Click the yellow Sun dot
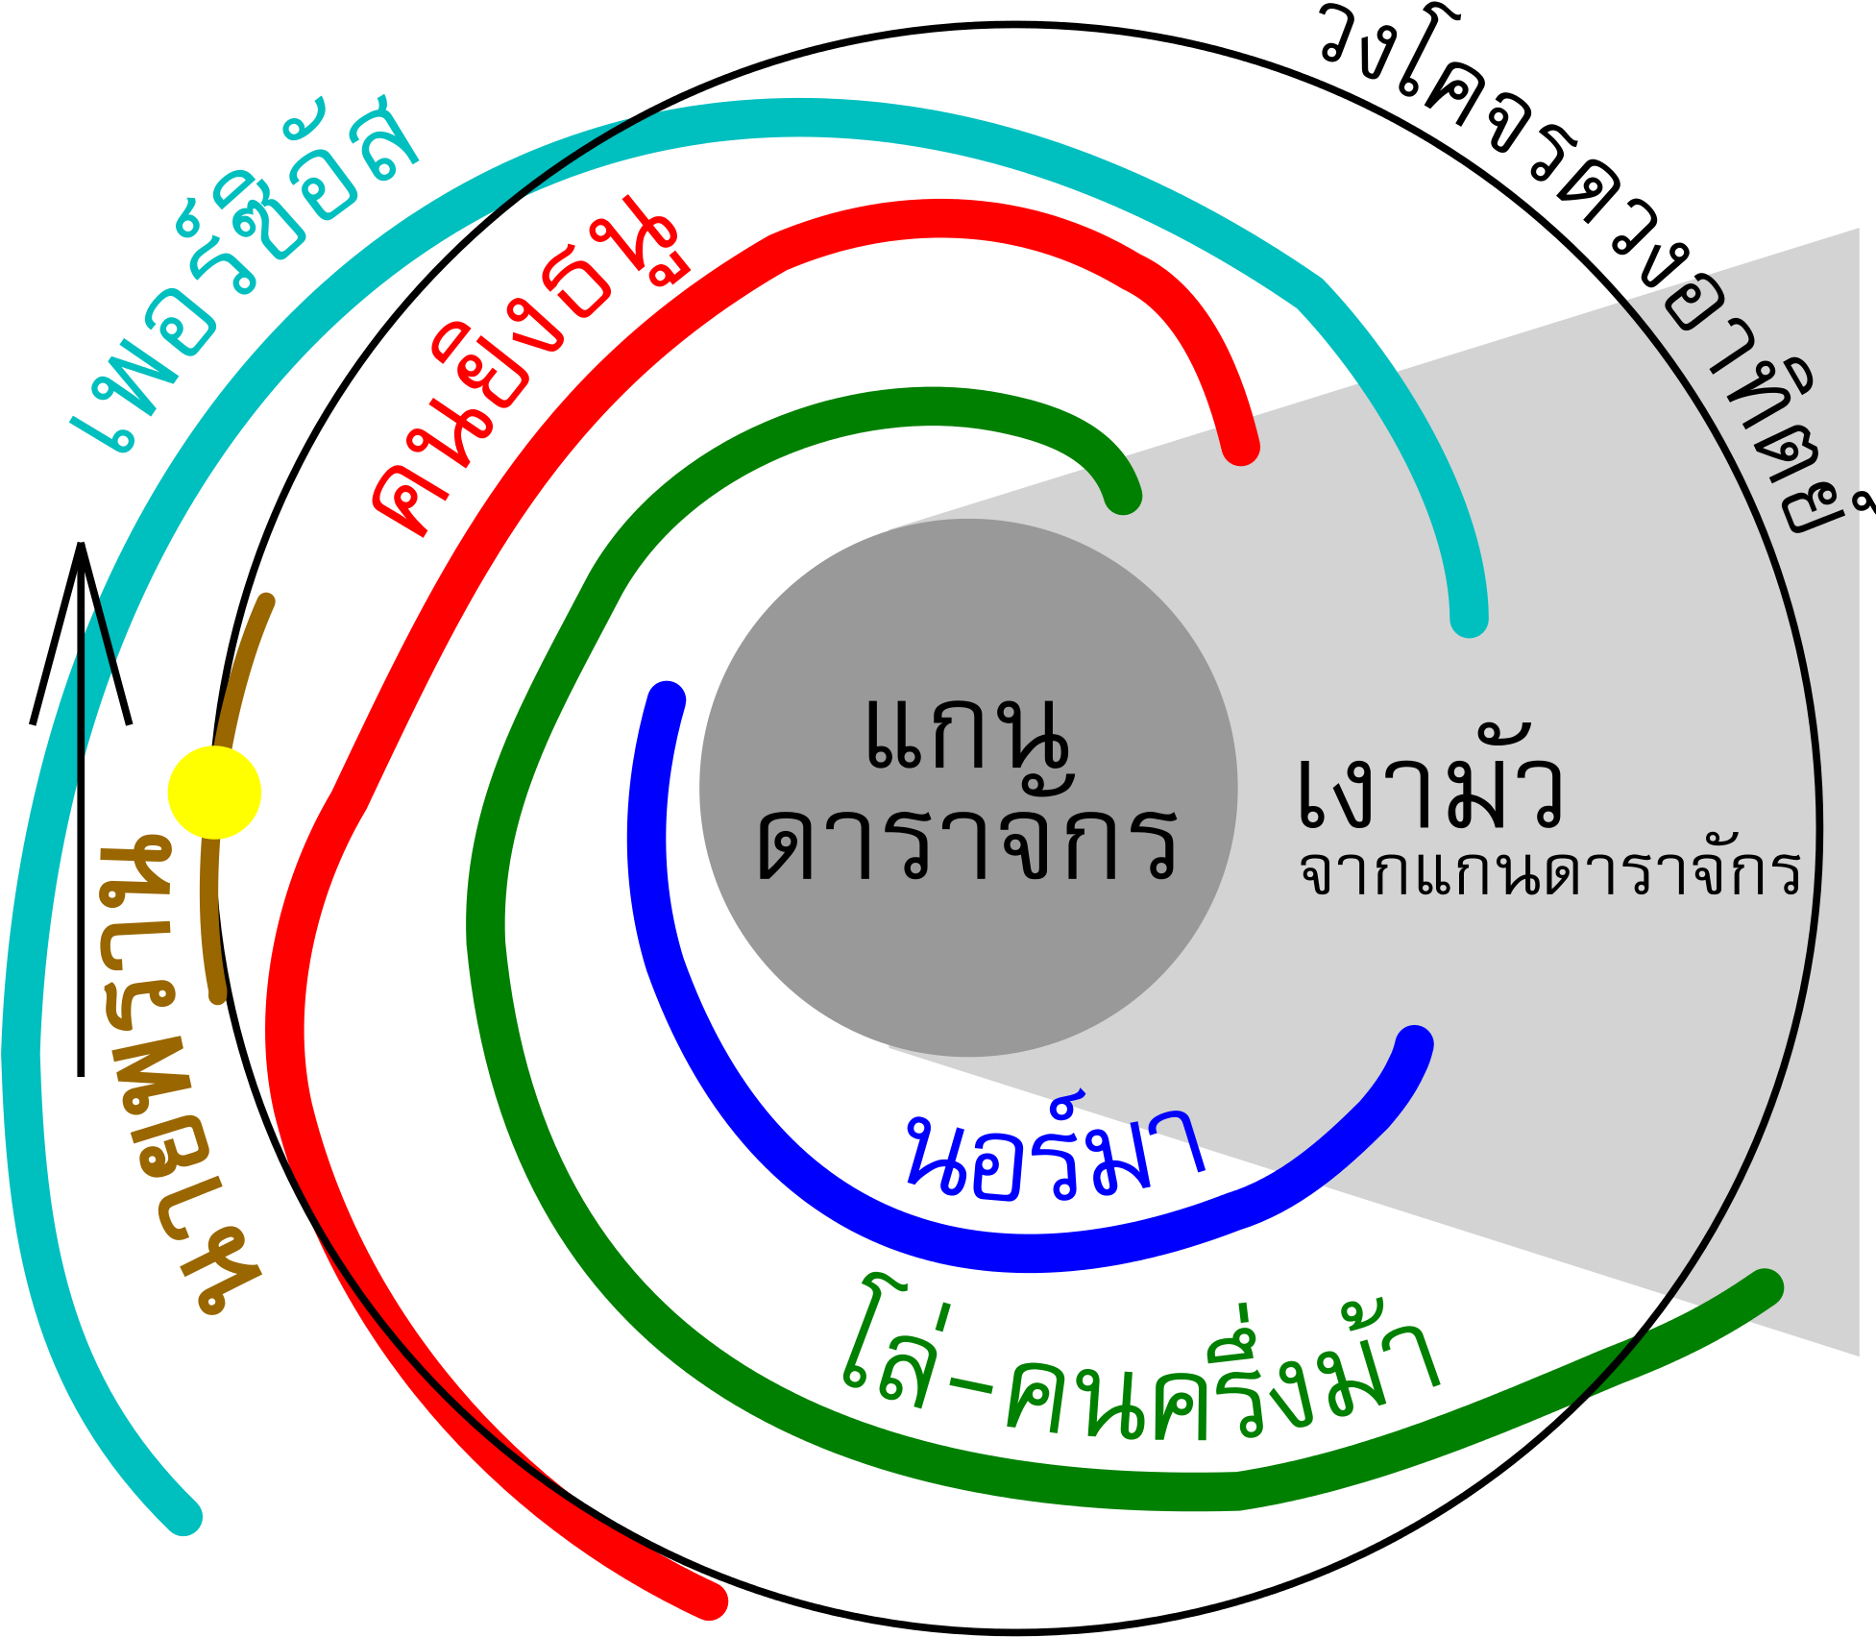(x=214, y=793)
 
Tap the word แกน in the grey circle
(x=965, y=735)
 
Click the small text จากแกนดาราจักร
(x=1548, y=872)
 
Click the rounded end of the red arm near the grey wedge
(x=1239, y=447)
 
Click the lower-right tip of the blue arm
(x=1414, y=1045)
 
